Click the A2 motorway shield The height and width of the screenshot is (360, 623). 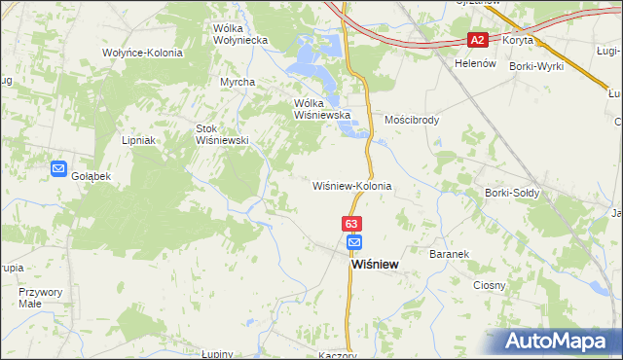point(476,40)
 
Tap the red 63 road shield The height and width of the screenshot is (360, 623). point(352,224)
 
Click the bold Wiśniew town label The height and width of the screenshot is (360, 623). point(374,263)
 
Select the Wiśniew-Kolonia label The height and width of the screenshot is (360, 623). point(351,185)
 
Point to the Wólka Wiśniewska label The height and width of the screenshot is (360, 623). point(321,108)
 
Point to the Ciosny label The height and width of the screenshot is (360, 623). point(490,285)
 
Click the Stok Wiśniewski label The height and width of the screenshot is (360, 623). point(224,134)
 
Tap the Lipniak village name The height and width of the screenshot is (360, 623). point(139,140)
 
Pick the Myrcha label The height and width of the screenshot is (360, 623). point(237,82)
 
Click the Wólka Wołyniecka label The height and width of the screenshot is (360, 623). point(239,35)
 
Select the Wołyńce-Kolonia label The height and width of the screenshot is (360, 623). point(142,52)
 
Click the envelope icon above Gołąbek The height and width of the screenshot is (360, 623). point(58,168)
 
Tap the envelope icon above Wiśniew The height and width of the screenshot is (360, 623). point(353,242)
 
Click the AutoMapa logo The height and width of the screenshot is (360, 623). point(562,341)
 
